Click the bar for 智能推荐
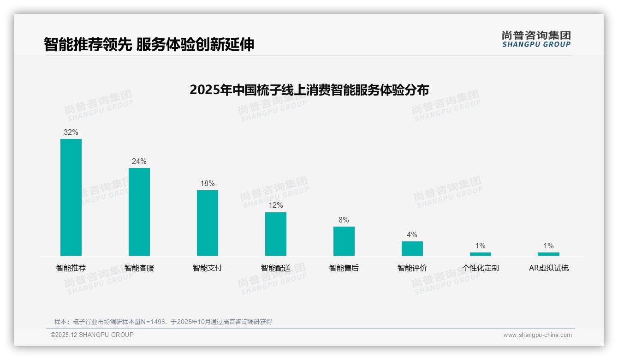click(71, 197)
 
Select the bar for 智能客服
click(139, 212)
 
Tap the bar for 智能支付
click(208, 223)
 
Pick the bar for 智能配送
click(276, 234)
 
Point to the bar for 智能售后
click(344, 241)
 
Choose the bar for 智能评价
click(412, 248)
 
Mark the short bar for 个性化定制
click(481, 254)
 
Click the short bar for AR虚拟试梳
click(548, 254)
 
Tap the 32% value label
click(71, 132)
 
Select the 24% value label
click(139, 161)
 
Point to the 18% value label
click(208, 183)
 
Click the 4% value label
click(412, 234)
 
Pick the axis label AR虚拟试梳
click(549, 268)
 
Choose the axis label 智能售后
click(344, 268)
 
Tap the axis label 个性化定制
click(481, 268)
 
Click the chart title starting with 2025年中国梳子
click(309, 90)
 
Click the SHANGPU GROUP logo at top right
click(536, 39)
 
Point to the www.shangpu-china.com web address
click(537, 335)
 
